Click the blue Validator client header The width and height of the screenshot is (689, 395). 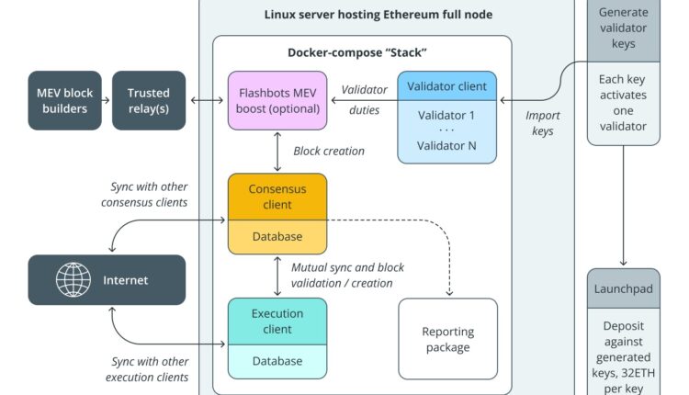coord(446,86)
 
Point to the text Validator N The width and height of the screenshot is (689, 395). coord(446,146)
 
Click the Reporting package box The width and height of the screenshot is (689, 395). coord(446,340)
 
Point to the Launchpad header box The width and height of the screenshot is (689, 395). coord(624,288)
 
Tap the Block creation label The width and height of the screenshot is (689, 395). coord(329,151)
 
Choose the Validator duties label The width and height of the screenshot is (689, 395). coord(365,98)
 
